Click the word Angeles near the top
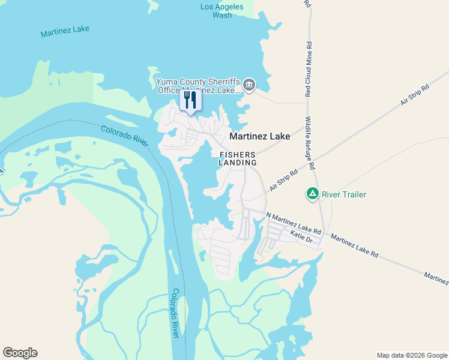pos(229,7)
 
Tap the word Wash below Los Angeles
pos(222,15)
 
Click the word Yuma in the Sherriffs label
pos(166,82)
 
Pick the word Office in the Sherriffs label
pos(169,90)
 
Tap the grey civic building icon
pos(250,85)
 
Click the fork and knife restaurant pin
pos(190,99)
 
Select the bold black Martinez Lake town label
pos(260,136)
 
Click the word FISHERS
pos(238,154)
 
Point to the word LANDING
pos(238,163)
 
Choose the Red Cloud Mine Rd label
pos(309,69)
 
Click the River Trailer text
pos(344,194)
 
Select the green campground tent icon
pos(312,194)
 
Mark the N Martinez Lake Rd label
pos(294,223)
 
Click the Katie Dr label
pos(301,236)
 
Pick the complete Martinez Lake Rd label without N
pos(354,243)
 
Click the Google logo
pos(20,353)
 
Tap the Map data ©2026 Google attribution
pos(411,355)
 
